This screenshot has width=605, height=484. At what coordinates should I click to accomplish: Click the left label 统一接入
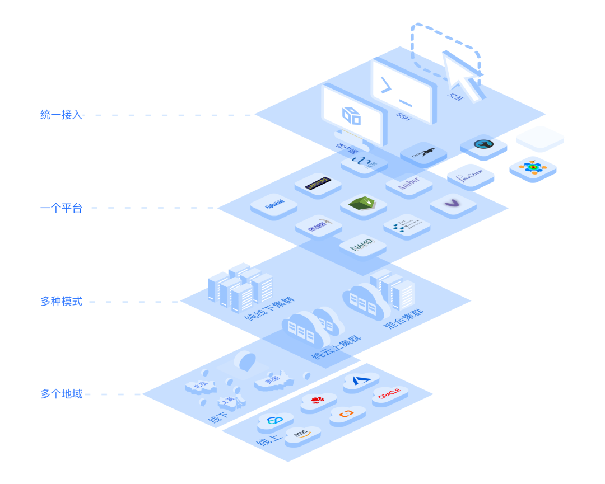coord(61,115)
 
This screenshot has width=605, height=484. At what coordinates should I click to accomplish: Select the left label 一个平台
coord(61,208)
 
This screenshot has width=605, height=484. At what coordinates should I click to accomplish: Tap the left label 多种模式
coord(61,302)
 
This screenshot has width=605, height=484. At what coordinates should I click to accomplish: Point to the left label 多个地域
coord(61,394)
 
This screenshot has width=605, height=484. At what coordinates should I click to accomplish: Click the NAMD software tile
coord(362,246)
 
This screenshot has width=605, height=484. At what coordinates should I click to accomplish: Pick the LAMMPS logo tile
coord(318,183)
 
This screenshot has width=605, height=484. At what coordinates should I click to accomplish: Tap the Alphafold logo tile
coord(273,205)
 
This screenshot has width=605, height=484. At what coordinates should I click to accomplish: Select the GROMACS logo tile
coord(318,226)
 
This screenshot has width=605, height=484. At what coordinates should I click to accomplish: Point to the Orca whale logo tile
coord(423,153)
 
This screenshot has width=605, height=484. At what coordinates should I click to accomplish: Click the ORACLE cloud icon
coord(389,395)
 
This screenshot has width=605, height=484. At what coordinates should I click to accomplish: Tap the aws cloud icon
coord(302,435)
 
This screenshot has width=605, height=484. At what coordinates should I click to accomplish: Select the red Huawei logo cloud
coord(318,400)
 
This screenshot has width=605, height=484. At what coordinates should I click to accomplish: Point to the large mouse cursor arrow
coord(463,77)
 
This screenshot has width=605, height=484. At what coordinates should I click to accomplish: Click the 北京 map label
coord(199,386)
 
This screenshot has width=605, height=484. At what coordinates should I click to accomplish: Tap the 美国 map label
coord(273,380)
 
